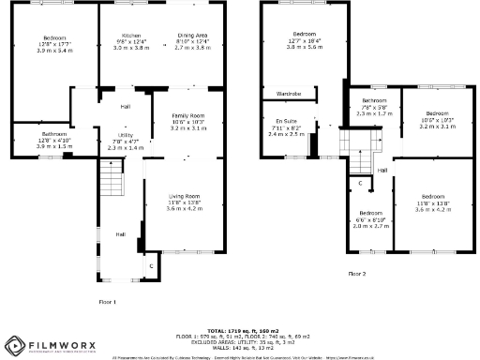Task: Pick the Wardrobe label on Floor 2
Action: point(288,94)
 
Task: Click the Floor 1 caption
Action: point(108,302)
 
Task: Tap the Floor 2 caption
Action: point(357,273)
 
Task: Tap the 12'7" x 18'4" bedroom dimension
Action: point(305,39)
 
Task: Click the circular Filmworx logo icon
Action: point(13,347)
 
